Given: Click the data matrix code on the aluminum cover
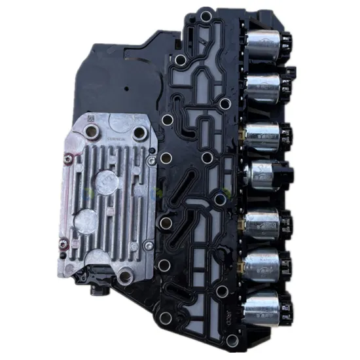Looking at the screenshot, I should pos(91,118).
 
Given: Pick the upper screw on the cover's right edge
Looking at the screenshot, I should pos(152,160).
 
